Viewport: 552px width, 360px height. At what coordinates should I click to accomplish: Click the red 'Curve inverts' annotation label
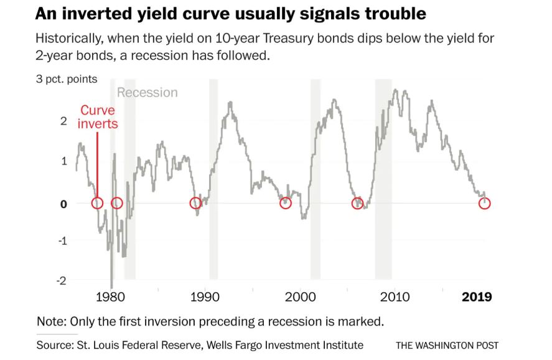coord(98,117)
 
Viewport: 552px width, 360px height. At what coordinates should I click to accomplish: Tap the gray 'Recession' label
coord(147,93)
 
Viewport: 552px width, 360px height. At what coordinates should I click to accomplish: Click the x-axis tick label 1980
coord(112,296)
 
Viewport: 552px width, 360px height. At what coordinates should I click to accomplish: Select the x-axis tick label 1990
coord(205,296)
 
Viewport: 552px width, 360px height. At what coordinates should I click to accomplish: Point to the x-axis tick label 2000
coord(301,296)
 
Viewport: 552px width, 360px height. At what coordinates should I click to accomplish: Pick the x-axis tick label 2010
coord(395,296)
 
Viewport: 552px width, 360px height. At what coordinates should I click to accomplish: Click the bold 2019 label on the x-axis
coord(477,296)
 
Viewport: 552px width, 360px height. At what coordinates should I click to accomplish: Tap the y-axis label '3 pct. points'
coord(67,80)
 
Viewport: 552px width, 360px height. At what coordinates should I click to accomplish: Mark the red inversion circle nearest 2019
coord(485,203)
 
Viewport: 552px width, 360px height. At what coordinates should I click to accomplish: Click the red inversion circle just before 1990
coord(195,203)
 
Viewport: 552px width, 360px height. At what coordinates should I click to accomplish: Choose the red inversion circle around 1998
coord(286,203)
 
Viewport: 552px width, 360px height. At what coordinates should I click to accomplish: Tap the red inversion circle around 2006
coord(357,203)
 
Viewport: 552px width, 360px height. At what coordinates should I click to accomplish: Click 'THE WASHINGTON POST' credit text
coord(447,345)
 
